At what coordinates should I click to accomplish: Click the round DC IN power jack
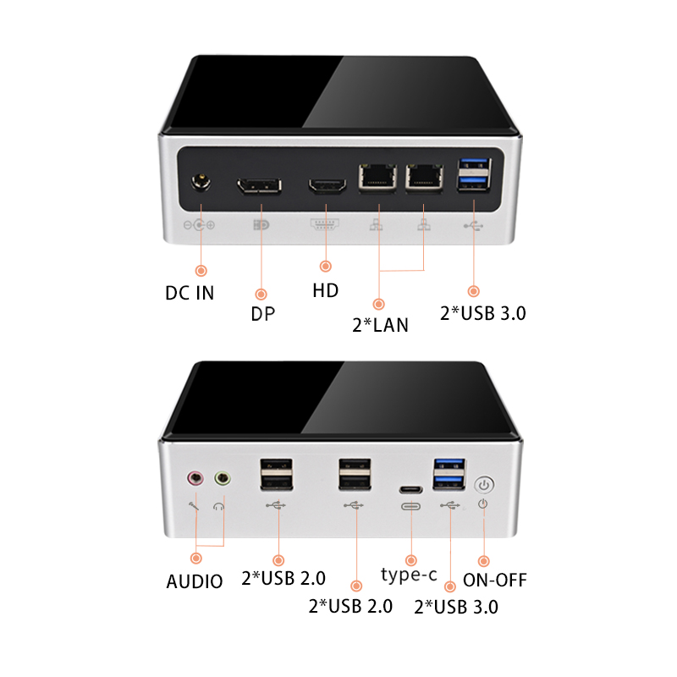tap(201, 182)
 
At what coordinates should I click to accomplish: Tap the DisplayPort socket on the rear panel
tap(259, 185)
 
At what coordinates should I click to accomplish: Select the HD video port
tap(327, 184)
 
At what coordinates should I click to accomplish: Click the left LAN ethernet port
tap(377, 177)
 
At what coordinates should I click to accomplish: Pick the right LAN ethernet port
tap(424, 177)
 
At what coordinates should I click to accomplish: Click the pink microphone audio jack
tap(195, 478)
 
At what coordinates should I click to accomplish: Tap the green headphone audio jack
tap(223, 478)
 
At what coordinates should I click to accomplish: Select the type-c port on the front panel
tap(410, 490)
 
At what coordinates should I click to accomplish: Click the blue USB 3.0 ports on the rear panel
tap(474, 174)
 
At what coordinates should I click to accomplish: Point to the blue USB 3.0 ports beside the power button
tap(449, 474)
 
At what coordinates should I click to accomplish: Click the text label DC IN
tap(190, 293)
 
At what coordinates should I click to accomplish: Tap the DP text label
tap(262, 314)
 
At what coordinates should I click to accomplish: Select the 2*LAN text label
tap(380, 325)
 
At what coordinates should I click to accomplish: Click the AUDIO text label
tap(195, 581)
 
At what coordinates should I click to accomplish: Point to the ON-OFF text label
tap(495, 581)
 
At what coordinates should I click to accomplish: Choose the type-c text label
tap(409, 575)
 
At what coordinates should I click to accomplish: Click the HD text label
tap(326, 290)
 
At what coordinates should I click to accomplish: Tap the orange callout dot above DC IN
tap(201, 271)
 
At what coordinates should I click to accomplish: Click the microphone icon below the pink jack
tap(194, 506)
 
